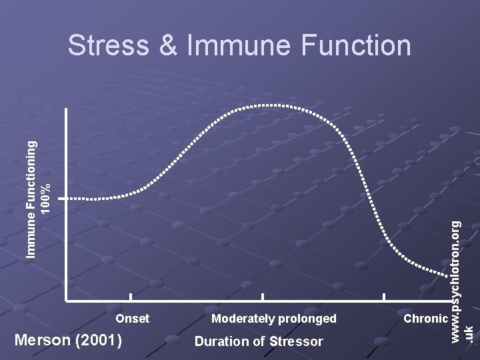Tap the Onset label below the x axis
tap(132, 319)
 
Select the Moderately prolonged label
tap(273, 319)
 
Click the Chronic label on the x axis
tap(425, 319)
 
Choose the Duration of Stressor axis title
tap(259, 342)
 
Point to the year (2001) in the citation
tap(99, 341)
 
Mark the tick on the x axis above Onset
tap(131, 297)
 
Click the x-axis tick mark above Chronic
tap(384, 297)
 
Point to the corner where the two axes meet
tap(67, 300)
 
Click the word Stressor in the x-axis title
tap(297, 342)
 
